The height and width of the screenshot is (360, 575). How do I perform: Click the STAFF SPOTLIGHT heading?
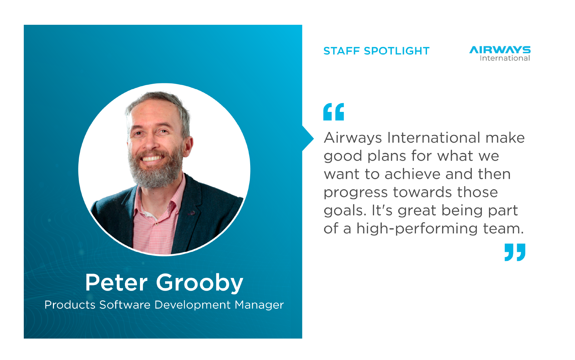coord(376,51)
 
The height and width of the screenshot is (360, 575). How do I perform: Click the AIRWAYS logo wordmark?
coord(500,50)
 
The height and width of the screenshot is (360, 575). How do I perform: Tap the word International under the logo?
coord(505,58)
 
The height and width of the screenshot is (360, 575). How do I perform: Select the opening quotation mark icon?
coord(334,112)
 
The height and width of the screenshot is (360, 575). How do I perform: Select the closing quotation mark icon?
coord(515,252)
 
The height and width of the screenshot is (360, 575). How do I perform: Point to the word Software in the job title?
coord(125,305)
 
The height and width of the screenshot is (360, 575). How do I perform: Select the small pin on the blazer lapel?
coord(192,213)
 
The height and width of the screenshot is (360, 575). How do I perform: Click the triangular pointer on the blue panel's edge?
coord(308,138)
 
